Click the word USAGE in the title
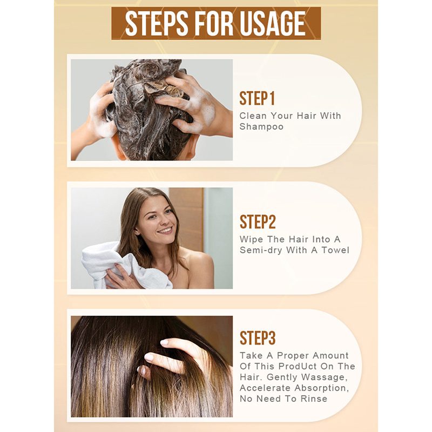(273, 24)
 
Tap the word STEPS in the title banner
(157, 24)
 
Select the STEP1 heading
(257, 98)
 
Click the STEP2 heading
(258, 222)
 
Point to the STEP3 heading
(258, 338)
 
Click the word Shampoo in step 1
(261, 127)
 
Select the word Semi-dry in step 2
(261, 251)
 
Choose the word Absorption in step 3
(322, 388)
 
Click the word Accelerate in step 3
(265, 388)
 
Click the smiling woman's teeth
(165, 230)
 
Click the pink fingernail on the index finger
(164, 342)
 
